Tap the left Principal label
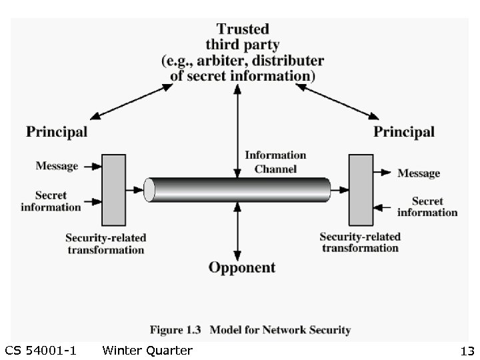pyautogui.click(x=57, y=131)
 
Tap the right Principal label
pyautogui.click(x=403, y=131)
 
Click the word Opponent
pyautogui.click(x=241, y=268)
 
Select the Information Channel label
pyautogui.click(x=275, y=162)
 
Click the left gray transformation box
pyautogui.click(x=113, y=190)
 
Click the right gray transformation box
pyautogui.click(x=361, y=190)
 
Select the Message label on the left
pyautogui.click(x=57, y=166)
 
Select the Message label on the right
pyautogui.click(x=419, y=173)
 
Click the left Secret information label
pyautogui.click(x=51, y=201)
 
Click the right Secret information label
pyautogui.click(x=427, y=207)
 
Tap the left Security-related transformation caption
pyautogui.click(x=105, y=244)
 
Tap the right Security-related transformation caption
pyautogui.click(x=360, y=242)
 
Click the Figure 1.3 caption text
pyautogui.click(x=250, y=329)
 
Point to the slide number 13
pyautogui.click(x=466, y=351)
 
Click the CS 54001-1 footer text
pyautogui.click(x=40, y=351)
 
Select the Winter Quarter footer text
pyautogui.click(x=147, y=351)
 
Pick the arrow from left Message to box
pyautogui.click(x=91, y=166)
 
